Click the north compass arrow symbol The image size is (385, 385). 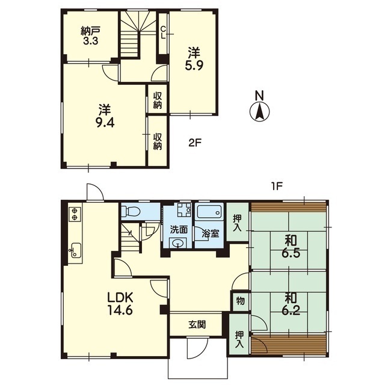coord(259,112)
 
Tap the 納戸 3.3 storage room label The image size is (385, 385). coord(90,36)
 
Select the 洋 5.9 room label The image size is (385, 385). coord(194,59)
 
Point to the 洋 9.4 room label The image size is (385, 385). coord(105,116)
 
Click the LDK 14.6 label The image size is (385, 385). coord(120,304)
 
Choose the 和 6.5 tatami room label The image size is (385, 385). coord(291,246)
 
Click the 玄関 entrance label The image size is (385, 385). coord(197,325)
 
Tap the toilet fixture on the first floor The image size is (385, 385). coord(131,211)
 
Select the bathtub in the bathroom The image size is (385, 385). coord(210,211)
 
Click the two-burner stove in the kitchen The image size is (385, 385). coord(75,214)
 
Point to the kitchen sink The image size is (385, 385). coord(75,250)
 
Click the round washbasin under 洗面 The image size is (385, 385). coord(177,243)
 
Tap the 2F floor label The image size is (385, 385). coord(195,143)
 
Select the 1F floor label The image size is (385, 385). coord(276,187)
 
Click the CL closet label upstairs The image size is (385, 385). coord(163,32)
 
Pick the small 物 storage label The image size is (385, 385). coord(241,301)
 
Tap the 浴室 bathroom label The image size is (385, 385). coord(211,233)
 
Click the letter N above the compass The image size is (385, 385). coord(259,96)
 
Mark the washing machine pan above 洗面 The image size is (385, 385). coord(184,209)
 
